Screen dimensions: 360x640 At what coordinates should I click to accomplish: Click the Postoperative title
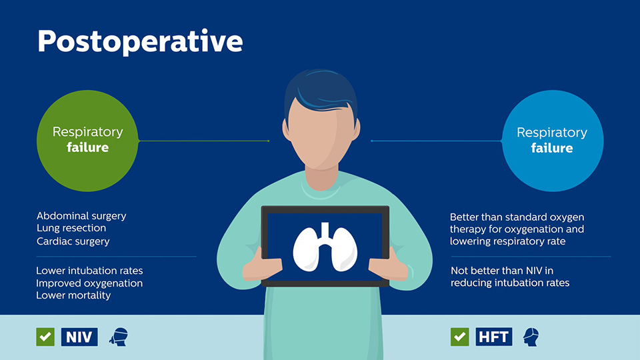(140, 41)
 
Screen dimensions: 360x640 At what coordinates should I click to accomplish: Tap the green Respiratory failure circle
(87, 140)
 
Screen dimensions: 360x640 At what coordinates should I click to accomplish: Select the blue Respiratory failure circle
(552, 140)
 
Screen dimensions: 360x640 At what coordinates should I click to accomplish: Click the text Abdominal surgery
(81, 216)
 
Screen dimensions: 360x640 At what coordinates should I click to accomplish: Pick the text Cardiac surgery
(73, 241)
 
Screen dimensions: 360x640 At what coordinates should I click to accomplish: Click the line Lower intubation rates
(89, 271)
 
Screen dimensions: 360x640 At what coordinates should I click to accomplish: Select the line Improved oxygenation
(89, 283)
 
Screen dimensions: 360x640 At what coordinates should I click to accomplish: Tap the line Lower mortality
(73, 295)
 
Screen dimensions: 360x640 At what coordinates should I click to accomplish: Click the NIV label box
(80, 337)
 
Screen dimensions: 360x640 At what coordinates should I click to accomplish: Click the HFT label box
(495, 337)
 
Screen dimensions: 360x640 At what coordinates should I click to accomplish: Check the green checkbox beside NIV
(45, 337)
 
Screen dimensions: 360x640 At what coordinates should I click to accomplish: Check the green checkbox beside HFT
(459, 337)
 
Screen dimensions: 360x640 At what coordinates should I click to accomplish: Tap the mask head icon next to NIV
(118, 337)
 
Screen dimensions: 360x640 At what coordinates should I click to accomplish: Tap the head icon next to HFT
(531, 337)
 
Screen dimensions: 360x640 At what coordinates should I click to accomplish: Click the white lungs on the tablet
(325, 247)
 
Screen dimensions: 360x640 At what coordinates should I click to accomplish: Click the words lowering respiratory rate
(507, 241)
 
